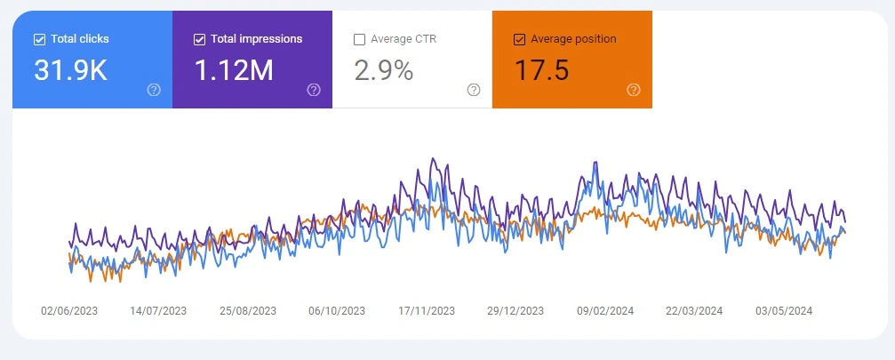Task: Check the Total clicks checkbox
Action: [39, 39]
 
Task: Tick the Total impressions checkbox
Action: [199, 39]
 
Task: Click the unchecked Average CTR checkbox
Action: [359, 39]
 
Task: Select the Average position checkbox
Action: [519, 39]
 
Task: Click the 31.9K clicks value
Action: [70, 71]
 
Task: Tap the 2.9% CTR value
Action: [383, 71]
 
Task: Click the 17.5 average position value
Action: [541, 71]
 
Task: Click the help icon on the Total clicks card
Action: [154, 90]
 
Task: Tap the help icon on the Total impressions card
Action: [314, 90]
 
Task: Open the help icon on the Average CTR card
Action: [474, 90]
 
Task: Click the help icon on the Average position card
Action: [634, 90]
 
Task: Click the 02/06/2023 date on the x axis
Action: [69, 311]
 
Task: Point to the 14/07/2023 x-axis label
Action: [158, 311]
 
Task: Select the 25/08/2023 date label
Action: [248, 311]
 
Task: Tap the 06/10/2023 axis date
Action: [337, 311]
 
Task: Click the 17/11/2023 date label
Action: [427, 311]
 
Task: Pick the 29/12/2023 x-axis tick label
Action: [515, 311]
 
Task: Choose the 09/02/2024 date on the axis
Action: [605, 311]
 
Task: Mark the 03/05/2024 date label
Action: [784, 311]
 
